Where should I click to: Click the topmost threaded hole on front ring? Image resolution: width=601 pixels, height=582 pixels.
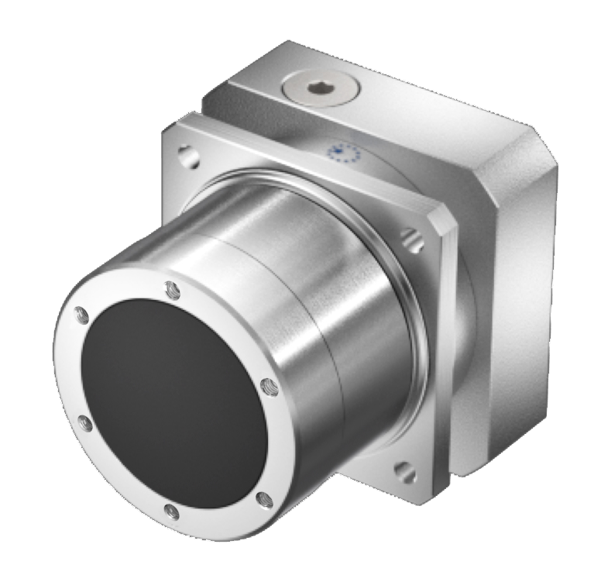tap(173, 291)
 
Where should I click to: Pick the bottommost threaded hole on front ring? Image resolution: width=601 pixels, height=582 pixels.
tap(172, 512)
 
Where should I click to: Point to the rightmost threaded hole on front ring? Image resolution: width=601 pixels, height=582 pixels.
tap(269, 385)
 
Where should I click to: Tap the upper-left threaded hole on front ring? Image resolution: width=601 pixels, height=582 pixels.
tap(79, 315)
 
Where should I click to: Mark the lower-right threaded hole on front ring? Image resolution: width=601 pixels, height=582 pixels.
tap(263, 499)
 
